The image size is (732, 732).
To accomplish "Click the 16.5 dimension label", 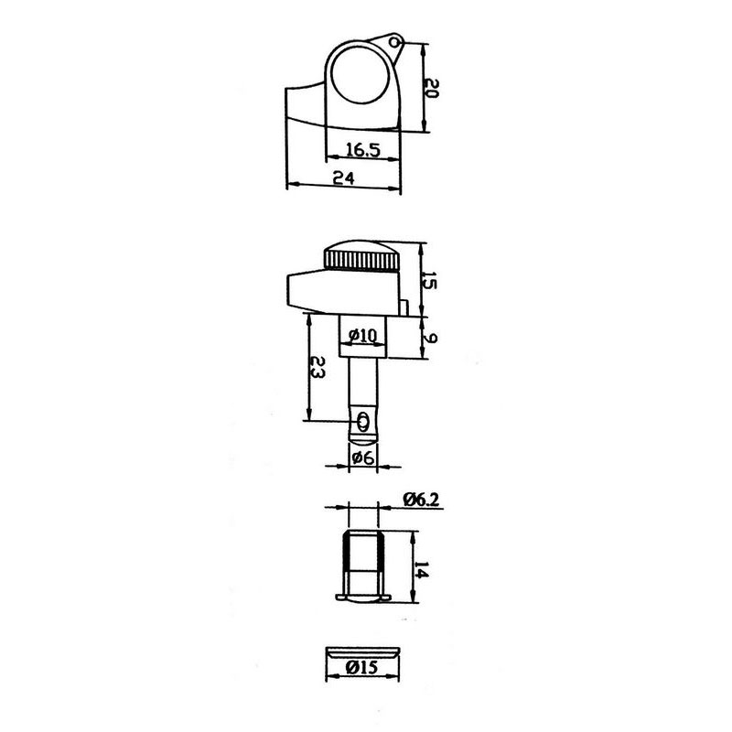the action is [363, 150].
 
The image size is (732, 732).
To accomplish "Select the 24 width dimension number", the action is [344, 178].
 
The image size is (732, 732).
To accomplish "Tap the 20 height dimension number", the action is [432, 88].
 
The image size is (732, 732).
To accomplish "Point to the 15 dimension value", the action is [429, 280].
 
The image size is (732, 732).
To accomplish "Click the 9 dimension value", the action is [430, 338].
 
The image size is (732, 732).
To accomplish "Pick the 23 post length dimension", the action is [318, 367].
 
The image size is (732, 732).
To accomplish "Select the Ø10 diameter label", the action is [362, 335].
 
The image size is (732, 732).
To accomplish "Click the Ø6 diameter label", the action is [362, 458].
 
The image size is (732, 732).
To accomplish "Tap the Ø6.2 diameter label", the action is [422, 500].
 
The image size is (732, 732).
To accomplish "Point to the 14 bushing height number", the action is [421, 569].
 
